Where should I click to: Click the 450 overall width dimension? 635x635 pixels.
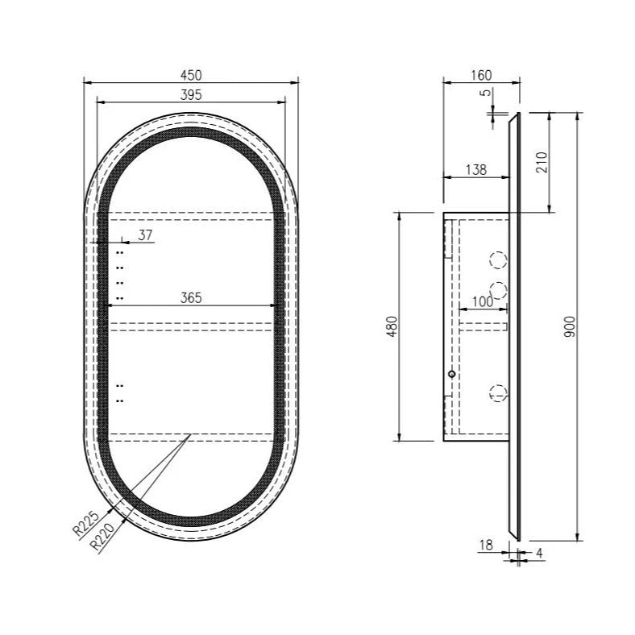191,74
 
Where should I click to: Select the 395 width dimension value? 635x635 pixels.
191,94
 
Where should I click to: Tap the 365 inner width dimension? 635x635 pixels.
191,297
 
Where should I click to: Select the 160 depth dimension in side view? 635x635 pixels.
480,75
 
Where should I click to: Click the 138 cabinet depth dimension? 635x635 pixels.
476,170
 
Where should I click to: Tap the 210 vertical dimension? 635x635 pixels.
542,162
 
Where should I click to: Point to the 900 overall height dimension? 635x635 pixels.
569,326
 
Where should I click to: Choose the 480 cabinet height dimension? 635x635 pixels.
392,326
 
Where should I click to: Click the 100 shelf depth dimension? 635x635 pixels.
482,301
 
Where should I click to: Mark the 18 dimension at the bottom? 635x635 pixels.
486,546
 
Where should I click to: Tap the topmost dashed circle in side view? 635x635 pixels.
500,260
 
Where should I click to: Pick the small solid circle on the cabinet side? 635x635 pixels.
451,374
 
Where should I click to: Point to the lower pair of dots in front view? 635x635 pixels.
120,392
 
